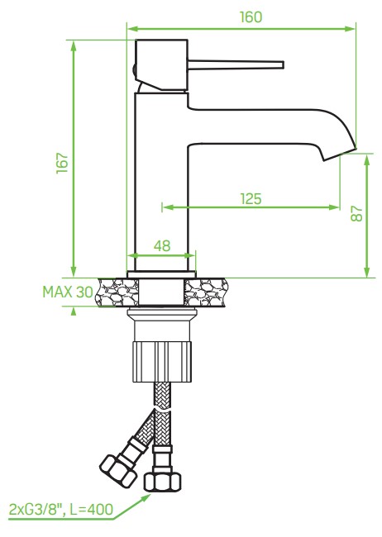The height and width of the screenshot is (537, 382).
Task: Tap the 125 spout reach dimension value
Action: (251, 198)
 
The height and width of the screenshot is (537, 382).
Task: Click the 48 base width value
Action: (163, 245)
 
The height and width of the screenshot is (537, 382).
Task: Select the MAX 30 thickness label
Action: (68, 292)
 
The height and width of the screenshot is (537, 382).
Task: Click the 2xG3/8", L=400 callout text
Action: (57, 508)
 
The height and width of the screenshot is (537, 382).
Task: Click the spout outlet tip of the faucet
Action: (339, 154)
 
